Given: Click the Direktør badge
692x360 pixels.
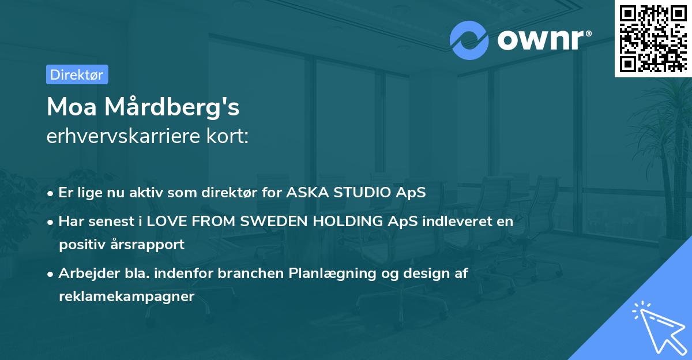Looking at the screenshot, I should (77, 74).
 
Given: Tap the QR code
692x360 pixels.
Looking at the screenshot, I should (653, 38).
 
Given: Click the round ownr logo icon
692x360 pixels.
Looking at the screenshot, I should (469, 40).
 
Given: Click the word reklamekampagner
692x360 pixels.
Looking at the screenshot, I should (127, 297).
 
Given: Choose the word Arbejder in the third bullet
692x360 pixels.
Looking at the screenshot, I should (84, 273).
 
